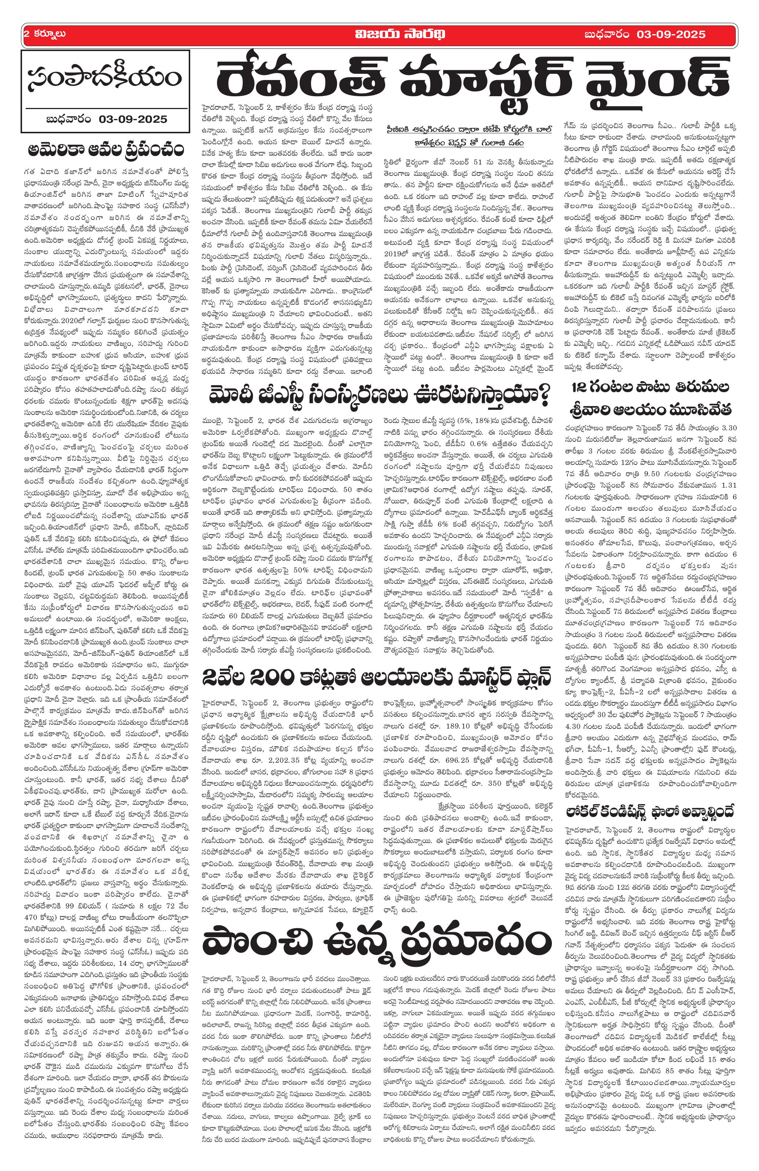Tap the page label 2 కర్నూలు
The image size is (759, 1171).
[45, 35]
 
